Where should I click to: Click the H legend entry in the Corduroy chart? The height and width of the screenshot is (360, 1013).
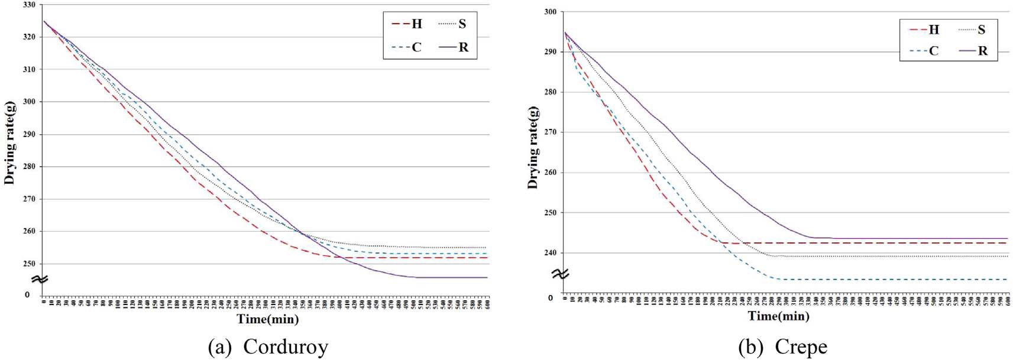408,24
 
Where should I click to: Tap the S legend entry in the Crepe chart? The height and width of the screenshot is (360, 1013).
973,30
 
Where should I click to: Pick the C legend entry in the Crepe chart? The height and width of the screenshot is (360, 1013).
924,51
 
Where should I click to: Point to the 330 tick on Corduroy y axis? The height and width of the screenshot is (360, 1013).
29,5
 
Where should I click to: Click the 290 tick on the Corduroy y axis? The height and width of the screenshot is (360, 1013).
29,134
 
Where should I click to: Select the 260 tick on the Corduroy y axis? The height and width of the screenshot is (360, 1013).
29,231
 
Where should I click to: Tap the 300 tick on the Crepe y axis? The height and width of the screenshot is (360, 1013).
550,12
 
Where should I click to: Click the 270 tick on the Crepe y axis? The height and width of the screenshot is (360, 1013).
550,132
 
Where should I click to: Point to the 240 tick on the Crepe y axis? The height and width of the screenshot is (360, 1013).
550,253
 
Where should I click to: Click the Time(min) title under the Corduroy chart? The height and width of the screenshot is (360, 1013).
268,319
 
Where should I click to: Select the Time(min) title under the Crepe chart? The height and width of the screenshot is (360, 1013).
778,316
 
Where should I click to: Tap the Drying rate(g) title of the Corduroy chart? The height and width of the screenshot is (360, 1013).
9,142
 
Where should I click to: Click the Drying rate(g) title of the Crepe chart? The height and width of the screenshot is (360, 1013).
533,148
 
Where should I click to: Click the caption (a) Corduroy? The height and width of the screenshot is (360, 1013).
268,347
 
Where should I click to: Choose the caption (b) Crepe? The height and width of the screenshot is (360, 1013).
782,347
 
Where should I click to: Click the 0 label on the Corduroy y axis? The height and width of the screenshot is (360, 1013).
27,294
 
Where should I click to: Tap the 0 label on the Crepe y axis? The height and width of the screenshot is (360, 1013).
550,298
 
